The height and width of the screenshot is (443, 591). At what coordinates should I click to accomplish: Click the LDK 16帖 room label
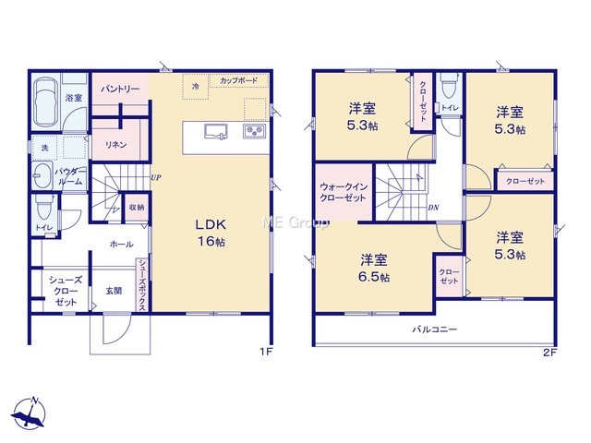pyautogui.click(x=211, y=233)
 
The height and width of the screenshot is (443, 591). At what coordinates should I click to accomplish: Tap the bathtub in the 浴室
pyautogui.click(x=45, y=103)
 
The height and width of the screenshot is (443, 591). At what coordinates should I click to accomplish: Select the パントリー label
pyautogui.click(x=120, y=90)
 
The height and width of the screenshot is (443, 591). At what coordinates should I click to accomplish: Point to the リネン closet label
pyautogui.click(x=115, y=144)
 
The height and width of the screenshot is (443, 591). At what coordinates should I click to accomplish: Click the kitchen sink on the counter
pyautogui.click(x=216, y=131)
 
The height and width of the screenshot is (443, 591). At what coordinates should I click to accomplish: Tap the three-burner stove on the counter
pyautogui.click(x=255, y=131)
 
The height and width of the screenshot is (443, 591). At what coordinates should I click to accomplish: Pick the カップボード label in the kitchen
pyautogui.click(x=239, y=80)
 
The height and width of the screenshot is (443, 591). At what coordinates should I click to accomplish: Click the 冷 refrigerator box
pyautogui.click(x=195, y=87)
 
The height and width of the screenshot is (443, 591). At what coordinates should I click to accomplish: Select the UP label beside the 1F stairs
pyautogui.click(x=156, y=177)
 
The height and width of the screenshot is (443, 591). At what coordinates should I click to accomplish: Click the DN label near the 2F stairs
pyautogui.click(x=433, y=208)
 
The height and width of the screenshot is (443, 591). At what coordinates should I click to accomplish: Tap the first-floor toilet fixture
pyautogui.click(x=45, y=208)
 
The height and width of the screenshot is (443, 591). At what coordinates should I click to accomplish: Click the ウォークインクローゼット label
pyautogui.click(x=343, y=192)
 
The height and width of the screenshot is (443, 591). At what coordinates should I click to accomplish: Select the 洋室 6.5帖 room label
pyautogui.click(x=373, y=269)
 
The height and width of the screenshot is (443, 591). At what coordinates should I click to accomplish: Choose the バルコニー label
pyautogui.click(x=435, y=329)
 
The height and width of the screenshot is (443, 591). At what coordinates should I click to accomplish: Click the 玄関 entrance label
pyautogui.click(x=114, y=291)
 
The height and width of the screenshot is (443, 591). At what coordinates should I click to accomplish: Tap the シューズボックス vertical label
pyautogui.click(x=142, y=285)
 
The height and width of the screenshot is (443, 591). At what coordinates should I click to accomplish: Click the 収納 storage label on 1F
pyautogui.click(x=136, y=207)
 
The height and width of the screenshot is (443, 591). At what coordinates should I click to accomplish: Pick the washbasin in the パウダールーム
pyautogui.click(x=42, y=175)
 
